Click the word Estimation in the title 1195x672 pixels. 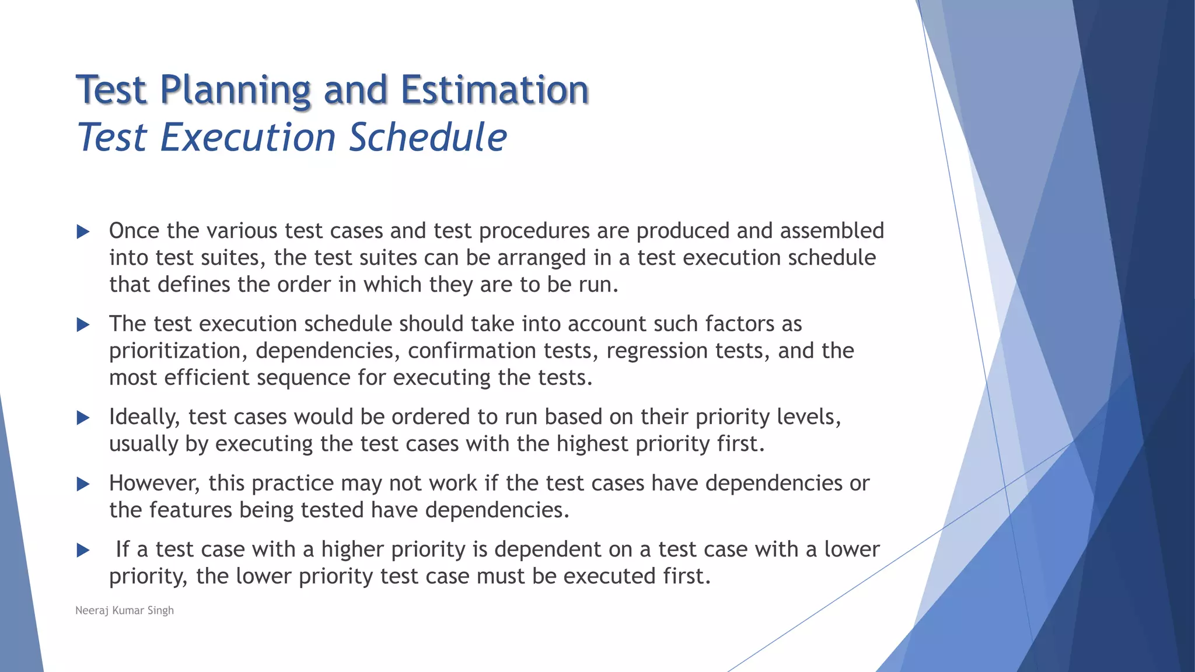[495, 90]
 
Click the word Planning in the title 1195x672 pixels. [235, 90]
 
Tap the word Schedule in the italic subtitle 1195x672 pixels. [428, 138]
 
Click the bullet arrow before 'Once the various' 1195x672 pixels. [83, 232]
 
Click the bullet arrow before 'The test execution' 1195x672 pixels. [83, 325]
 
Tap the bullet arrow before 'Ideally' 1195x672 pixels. [83, 418]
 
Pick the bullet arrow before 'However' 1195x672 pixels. [83, 484]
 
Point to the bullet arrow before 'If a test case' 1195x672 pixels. [83, 550]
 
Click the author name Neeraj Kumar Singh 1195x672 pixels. [124, 610]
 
